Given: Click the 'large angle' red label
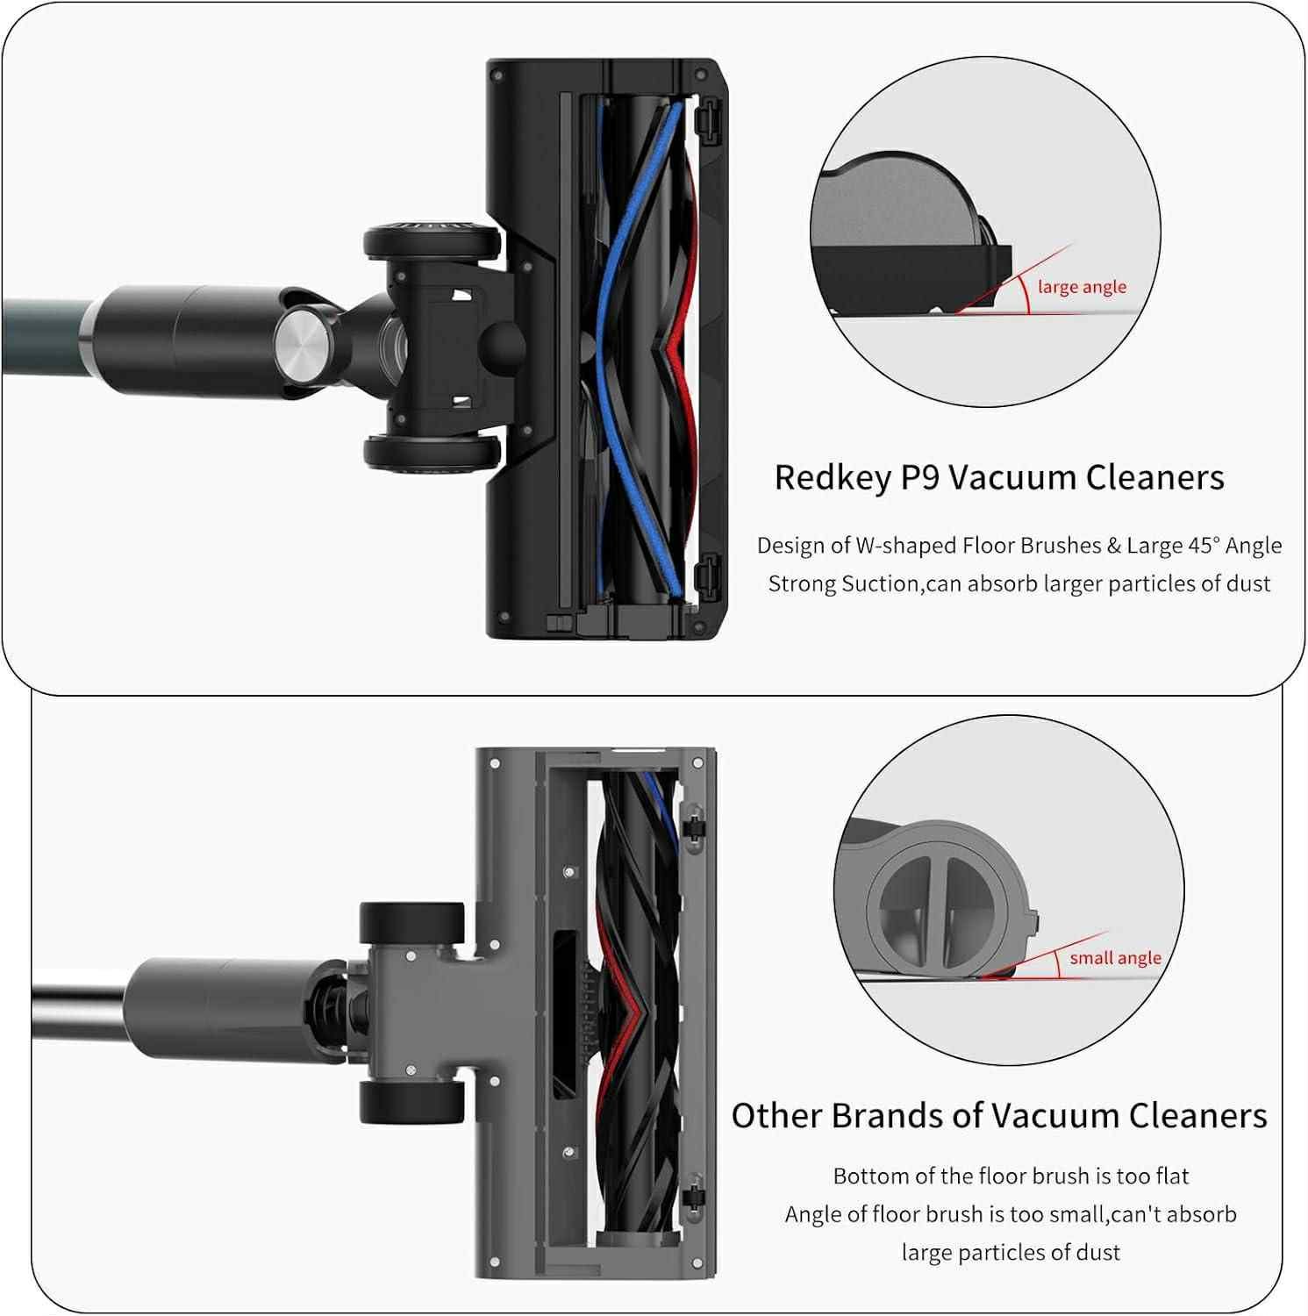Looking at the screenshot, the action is click(x=1082, y=287).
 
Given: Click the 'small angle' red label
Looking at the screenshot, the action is click(x=1115, y=958).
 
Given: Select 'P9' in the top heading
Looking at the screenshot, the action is click(x=920, y=477).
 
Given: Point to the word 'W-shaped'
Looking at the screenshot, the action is click(x=906, y=546).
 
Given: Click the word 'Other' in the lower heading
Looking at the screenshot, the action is click(x=777, y=1116).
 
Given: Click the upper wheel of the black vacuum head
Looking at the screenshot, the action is click(x=432, y=241).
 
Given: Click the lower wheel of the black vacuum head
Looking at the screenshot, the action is click(x=432, y=453).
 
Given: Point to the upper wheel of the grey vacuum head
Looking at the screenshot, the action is click(x=411, y=923).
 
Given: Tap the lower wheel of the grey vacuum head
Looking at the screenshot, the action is click(x=411, y=1102).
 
